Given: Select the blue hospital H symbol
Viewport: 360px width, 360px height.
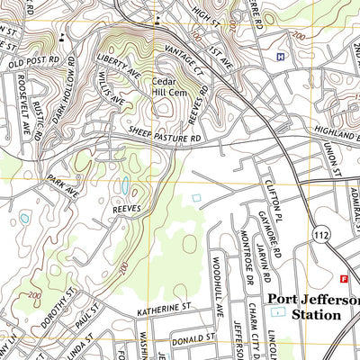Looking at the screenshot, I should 281,57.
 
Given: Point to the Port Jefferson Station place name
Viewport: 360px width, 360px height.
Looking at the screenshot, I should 313,307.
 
